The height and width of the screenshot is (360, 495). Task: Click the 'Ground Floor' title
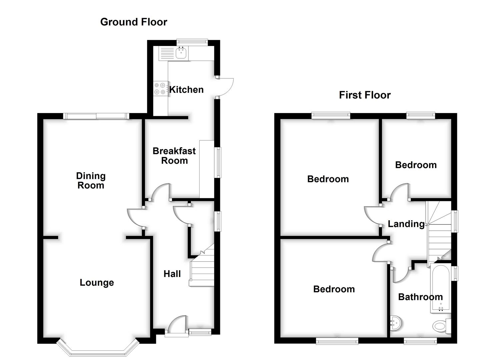tap(134, 22)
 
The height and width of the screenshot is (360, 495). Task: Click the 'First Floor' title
tap(365, 95)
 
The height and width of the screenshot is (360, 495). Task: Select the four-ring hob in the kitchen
tap(160, 88)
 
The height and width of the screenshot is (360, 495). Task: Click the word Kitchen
tap(186, 90)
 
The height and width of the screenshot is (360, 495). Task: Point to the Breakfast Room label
tap(174, 156)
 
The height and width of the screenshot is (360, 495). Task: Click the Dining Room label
tap(91, 180)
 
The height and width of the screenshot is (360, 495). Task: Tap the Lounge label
tap(97, 283)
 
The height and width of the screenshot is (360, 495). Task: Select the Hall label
tap(172, 274)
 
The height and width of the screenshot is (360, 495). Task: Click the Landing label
tap(406, 224)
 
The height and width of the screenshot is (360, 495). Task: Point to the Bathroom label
tap(420, 297)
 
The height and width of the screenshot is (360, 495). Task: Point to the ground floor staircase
tap(202, 270)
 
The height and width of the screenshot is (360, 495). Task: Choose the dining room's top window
tap(96, 116)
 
